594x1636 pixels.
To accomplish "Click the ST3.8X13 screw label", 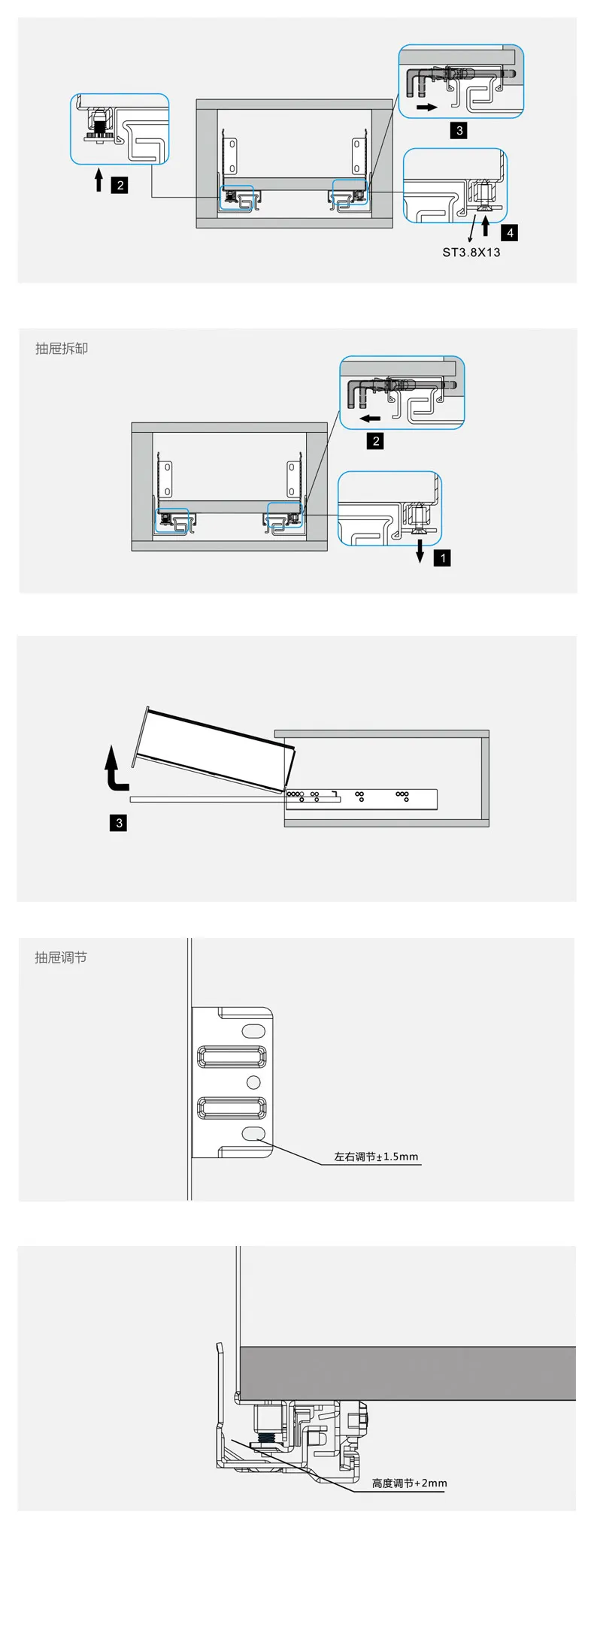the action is click(471, 253).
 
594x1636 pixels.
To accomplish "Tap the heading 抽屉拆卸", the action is click(62, 349).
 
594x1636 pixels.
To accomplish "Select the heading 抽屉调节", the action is click(61, 957).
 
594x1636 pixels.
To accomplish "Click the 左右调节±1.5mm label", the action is click(376, 1157).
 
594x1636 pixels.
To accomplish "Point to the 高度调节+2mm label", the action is click(410, 1483).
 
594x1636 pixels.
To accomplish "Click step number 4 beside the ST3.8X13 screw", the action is click(511, 233).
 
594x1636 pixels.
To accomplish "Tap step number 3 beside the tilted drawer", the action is click(119, 823).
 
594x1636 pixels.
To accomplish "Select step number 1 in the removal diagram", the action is click(443, 558).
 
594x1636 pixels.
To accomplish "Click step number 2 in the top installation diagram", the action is click(120, 185).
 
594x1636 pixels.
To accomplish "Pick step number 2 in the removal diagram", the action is click(377, 441).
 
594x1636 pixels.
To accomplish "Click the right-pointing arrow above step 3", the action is click(427, 107).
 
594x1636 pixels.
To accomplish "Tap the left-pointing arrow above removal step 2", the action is click(370, 418).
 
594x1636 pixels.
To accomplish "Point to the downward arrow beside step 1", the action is click(420, 552).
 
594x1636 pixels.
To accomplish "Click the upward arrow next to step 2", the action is click(98, 180).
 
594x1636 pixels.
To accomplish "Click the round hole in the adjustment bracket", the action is click(253, 1082).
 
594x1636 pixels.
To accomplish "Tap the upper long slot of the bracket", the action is click(232, 1057).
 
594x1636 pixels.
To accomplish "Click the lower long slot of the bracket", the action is click(232, 1108).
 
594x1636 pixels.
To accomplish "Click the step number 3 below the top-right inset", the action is click(460, 130).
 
